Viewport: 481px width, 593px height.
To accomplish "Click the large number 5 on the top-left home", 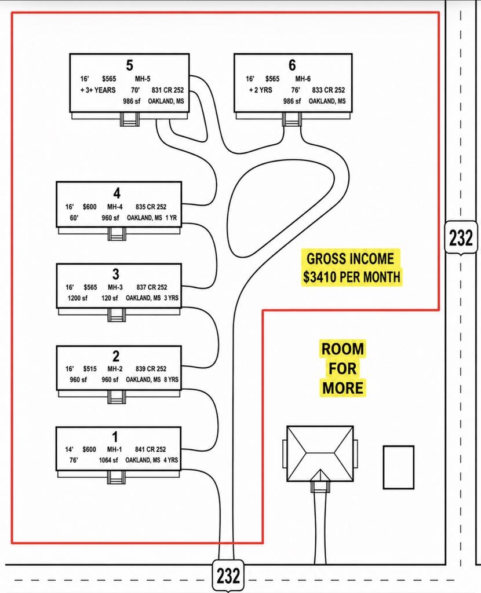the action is click(129, 65).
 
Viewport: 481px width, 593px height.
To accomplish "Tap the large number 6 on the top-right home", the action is click(292, 65).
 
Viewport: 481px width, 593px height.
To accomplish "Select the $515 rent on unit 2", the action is click(90, 369).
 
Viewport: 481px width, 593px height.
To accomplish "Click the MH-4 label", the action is click(115, 207).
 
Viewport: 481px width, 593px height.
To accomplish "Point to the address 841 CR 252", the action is click(150, 449).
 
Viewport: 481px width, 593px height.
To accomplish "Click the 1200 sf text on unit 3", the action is click(78, 298).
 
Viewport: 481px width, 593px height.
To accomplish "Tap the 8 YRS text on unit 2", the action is click(171, 379).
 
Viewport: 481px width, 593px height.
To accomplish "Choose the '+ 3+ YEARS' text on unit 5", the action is click(97, 90).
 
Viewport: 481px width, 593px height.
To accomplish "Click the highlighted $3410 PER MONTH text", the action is click(352, 276).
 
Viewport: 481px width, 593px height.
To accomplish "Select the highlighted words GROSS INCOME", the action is click(350, 259).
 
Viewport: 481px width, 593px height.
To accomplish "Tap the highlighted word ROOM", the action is click(342, 349).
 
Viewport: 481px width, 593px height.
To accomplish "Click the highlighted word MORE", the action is click(343, 387).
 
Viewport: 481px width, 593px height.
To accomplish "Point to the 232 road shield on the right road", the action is click(461, 238).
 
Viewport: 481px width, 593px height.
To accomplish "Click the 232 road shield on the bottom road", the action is click(228, 575).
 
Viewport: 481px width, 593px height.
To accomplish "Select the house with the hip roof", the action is click(320, 454).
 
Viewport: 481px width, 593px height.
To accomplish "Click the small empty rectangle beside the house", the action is click(399, 467).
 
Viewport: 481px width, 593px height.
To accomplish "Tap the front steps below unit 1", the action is click(116, 477).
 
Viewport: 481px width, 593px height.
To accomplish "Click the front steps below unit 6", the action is click(292, 119).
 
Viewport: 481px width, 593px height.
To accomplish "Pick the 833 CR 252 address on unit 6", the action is click(329, 90).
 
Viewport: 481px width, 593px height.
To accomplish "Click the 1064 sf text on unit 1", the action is click(108, 460).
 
